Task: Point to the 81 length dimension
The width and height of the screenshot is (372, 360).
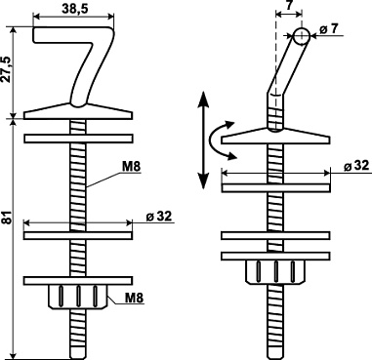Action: coord(9,218)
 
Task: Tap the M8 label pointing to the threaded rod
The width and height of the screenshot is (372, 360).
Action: coord(131,167)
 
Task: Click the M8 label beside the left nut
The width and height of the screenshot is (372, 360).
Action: coord(135,298)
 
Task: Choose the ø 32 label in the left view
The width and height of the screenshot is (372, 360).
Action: coord(158,217)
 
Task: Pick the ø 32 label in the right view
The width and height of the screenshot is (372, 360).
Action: coord(356,166)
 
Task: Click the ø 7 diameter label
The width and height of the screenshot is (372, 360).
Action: coord(329,29)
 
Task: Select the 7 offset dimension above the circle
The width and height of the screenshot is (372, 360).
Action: coord(289,6)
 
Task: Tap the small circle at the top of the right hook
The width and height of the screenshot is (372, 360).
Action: coord(302,36)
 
